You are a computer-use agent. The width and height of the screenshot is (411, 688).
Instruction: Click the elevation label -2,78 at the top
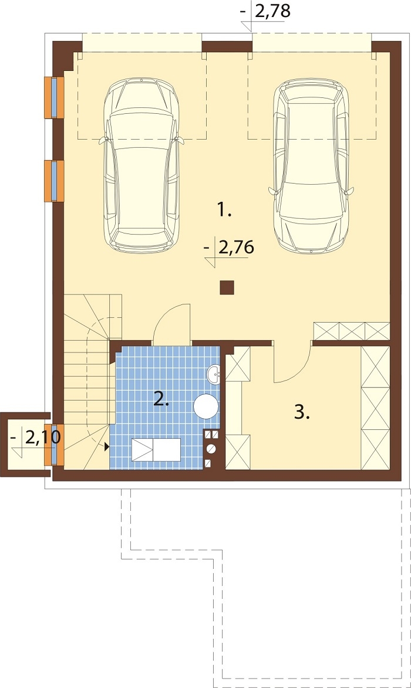[x=265, y=11]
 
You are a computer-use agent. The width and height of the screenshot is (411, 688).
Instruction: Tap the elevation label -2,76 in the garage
[x=229, y=248]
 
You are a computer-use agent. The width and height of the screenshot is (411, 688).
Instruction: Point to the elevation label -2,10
[x=36, y=438]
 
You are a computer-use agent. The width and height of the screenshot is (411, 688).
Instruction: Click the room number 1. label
[x=224, y=211]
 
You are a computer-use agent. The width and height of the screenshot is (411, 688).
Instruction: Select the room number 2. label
[x=161, y=399]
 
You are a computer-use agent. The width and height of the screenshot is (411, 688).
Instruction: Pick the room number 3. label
[x=302, y=412]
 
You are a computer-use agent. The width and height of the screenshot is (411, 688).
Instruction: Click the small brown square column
[x=227, y=287]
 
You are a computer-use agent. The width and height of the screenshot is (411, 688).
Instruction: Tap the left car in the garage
[x=142, y=165]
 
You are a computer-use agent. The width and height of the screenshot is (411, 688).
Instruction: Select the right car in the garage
[x=311, y=167]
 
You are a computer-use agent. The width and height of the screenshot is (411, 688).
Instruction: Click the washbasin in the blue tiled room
[x=214, y=374]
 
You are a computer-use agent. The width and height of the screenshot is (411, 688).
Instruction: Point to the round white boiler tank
[x=206, y=406]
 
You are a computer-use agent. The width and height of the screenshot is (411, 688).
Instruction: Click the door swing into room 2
[x=171, y=321]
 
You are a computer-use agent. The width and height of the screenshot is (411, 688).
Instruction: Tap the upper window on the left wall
[x=55, y=97]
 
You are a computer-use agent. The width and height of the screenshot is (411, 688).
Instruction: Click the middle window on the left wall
[x=55, y=181]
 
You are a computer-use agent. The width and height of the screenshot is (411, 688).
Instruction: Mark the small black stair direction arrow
[x=106, y=447]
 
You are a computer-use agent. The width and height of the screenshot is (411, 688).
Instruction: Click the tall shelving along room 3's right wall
[x=375, y=408]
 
